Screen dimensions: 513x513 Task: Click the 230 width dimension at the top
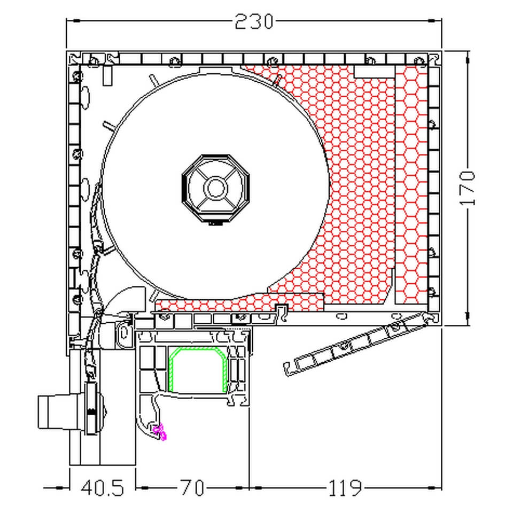tap(254, 21)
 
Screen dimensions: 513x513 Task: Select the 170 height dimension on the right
tap(467, 188)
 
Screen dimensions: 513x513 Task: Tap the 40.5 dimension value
tap(103, 488)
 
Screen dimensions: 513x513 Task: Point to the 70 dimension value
tap(192, 488)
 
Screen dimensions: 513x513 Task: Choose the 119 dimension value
tap(345, 488)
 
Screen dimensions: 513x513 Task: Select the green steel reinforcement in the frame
tap(198, 369)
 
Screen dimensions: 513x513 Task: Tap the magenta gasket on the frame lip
tap(160, 432)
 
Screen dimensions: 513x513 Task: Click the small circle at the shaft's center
tap(216, 188)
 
